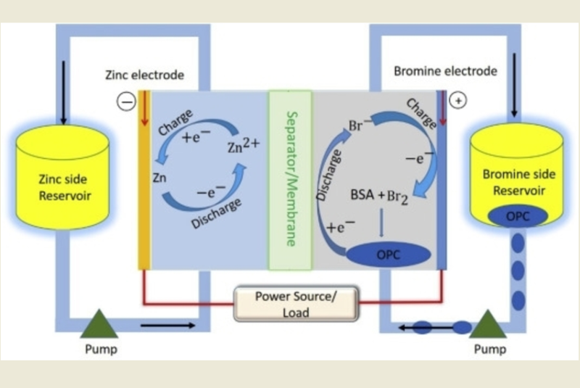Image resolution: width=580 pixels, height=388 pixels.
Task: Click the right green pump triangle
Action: point(487,324)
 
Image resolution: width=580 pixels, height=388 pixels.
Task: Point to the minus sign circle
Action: point(126,102)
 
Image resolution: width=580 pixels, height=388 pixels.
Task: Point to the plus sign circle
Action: point(458,101)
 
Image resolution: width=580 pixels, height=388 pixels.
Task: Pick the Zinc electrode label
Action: point(144,74)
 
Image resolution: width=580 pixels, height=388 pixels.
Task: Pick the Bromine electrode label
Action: point(445,71)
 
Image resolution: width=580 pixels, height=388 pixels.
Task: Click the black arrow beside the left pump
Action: point(159,326)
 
